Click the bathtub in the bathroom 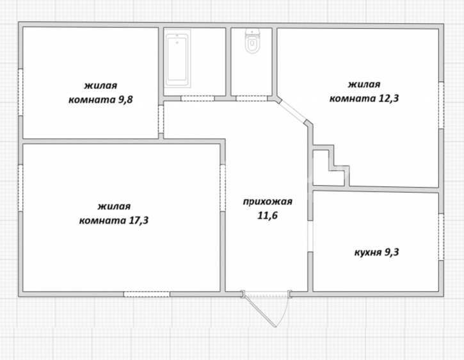point(177,60)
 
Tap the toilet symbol point(252,42)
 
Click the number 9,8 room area point(125,100)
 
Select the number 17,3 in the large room point(138,220)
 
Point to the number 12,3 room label point(389,99)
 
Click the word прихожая point(268,202)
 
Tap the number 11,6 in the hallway point(268,215)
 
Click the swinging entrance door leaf point(260,311)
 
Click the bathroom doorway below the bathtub point(198,99)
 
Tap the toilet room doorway point(252,99)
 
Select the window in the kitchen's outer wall point(441,237)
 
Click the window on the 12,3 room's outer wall point(441,105)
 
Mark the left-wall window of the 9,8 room point(20,92)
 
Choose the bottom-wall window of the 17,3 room point(147,294)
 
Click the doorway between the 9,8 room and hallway point(161,119)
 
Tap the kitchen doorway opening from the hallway point(310,236)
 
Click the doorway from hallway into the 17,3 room point(223,188)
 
